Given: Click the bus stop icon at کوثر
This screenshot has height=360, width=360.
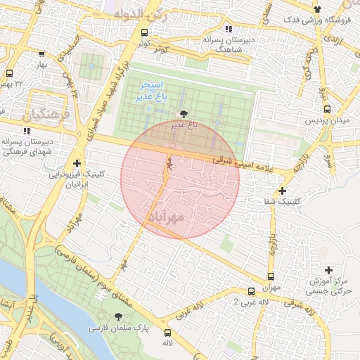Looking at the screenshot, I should tap(144, 32).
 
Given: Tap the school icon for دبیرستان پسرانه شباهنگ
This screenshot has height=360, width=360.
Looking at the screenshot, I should tap(228, 29).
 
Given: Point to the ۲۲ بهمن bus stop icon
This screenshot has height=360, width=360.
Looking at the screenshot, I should tap(9, 73).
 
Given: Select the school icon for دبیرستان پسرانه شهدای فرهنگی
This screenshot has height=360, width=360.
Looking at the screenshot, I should tap(27, 130).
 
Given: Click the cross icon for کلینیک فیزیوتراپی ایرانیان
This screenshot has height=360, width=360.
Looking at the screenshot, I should tap(77, 163).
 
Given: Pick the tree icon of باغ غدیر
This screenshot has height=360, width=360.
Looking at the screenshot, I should tap(184, 113).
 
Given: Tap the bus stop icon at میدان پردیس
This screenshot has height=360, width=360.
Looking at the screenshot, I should tap(327, 109).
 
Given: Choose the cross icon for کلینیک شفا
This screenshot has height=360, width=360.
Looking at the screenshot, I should tap(282, 191).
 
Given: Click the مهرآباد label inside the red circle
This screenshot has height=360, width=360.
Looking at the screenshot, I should tap(167, 217).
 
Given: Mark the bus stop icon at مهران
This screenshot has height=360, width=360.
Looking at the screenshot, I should tap(271, 276).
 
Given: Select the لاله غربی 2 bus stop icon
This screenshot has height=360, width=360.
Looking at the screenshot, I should tap(251, 291).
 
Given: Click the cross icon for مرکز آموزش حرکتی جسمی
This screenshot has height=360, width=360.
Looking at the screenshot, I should tap(328, 270).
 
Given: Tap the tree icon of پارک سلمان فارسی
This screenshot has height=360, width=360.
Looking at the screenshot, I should tap(118, 316).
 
